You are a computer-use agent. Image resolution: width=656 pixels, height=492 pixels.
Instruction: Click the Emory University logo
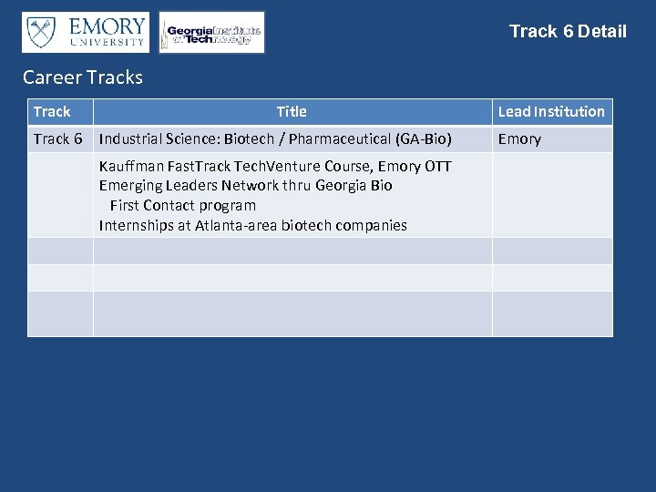85,32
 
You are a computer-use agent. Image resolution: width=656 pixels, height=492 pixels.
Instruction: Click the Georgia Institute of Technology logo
212,33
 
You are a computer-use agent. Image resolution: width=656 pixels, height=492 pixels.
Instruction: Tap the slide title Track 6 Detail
568,32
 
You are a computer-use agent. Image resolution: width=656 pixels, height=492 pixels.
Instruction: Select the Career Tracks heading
83,77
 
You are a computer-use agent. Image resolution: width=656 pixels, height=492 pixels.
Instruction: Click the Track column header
52,112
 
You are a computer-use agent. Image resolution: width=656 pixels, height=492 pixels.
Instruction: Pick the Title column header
292,112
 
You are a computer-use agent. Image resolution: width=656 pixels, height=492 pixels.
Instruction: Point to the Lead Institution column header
551,112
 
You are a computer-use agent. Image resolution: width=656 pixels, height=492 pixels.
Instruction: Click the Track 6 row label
57,139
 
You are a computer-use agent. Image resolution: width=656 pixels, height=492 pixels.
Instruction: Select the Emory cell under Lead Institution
519,139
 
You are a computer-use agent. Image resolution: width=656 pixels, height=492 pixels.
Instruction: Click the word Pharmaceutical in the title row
339,139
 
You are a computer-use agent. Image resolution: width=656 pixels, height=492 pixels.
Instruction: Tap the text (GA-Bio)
424,139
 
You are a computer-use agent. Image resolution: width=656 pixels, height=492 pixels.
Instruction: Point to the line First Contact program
183,206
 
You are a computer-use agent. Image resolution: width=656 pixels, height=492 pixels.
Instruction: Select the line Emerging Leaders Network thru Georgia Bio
246,186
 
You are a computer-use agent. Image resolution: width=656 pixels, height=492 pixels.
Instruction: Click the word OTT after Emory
438,167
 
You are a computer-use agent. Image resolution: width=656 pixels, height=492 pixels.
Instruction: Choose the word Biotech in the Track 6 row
249,139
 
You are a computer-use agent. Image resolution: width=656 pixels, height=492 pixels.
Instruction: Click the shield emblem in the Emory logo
39,32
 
